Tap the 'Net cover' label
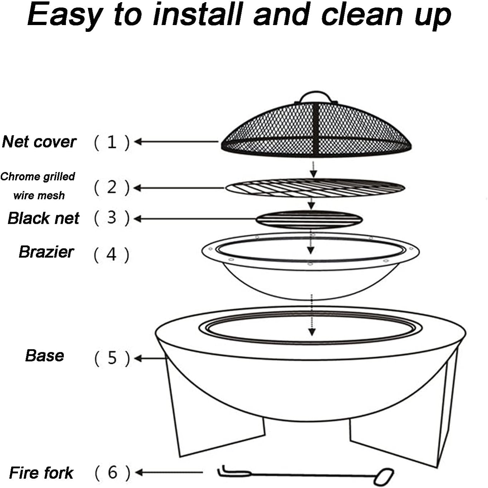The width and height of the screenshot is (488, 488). tap(39, 142)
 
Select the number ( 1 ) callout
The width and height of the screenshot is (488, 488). tap(112, 142)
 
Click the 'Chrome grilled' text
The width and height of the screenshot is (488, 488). tap(38, 176)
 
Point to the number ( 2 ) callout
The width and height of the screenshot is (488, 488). tap(112, 187)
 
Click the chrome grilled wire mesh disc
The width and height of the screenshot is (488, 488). tap(315, 188)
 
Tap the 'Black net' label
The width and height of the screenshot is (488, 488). tap(43, 218)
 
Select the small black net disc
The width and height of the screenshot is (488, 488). tap(309, 219)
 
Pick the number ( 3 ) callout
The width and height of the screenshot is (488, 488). tap(112, 218)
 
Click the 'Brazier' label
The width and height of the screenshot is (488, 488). tap(46, 252)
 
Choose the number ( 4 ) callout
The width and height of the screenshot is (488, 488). tap(111, 255)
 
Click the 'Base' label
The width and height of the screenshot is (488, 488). tap(45, 355)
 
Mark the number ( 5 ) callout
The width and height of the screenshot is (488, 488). tap(112, 358)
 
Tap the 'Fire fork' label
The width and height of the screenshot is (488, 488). tap(41, 473)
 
